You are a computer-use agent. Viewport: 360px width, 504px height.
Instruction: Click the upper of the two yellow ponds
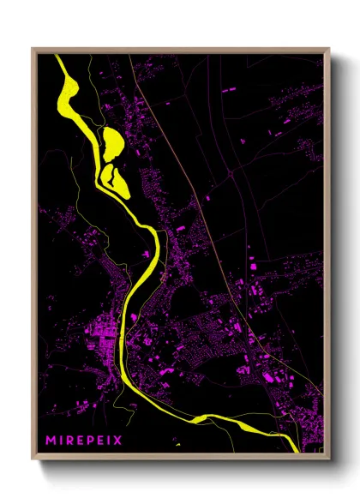click(111, 140)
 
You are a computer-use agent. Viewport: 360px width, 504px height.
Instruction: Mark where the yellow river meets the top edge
click(59, 57)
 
